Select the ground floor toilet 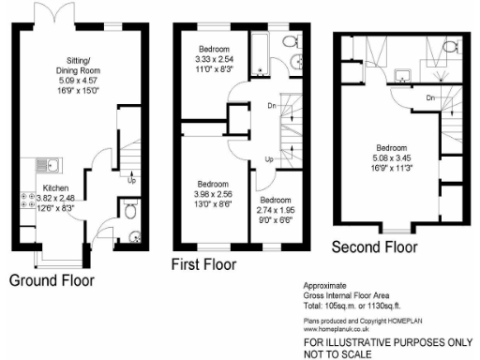(129, 207)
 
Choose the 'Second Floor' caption (374, 247)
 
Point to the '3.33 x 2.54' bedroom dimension (220, 58)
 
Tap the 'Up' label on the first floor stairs (269, 160)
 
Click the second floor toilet (448, 47)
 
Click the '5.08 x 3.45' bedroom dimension (392, 158)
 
